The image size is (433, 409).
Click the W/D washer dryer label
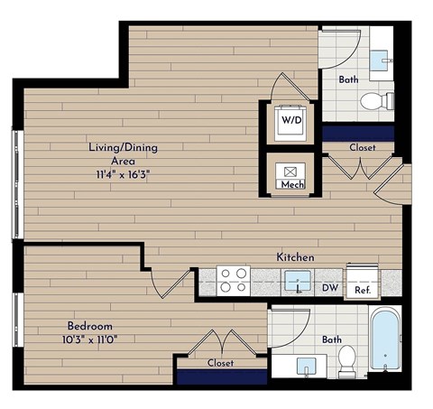click(290, 119)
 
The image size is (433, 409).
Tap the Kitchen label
click(294, 257)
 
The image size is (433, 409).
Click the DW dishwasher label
click(330, 289)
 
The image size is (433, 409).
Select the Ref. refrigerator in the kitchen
click(363, 283)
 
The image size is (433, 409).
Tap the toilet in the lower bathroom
click(345, 362)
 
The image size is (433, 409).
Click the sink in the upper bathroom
click(383, 54)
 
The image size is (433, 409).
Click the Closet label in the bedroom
click(220, 363)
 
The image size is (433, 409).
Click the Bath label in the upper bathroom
click(348, 79)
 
